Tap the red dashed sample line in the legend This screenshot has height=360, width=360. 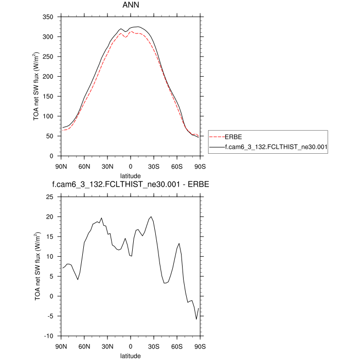click(217, 137)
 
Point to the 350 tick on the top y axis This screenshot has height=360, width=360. click(49, 17)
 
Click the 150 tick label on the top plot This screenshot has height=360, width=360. click(49, 77)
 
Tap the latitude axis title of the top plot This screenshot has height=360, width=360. click(130, 175)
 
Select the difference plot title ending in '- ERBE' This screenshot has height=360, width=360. click(130, 184)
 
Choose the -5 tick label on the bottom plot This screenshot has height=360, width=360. click(51, 316)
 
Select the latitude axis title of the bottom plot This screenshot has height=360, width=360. click(130, 355)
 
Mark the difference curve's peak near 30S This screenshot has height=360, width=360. click(151, 217)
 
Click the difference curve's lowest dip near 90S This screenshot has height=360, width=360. click(196, 319)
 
